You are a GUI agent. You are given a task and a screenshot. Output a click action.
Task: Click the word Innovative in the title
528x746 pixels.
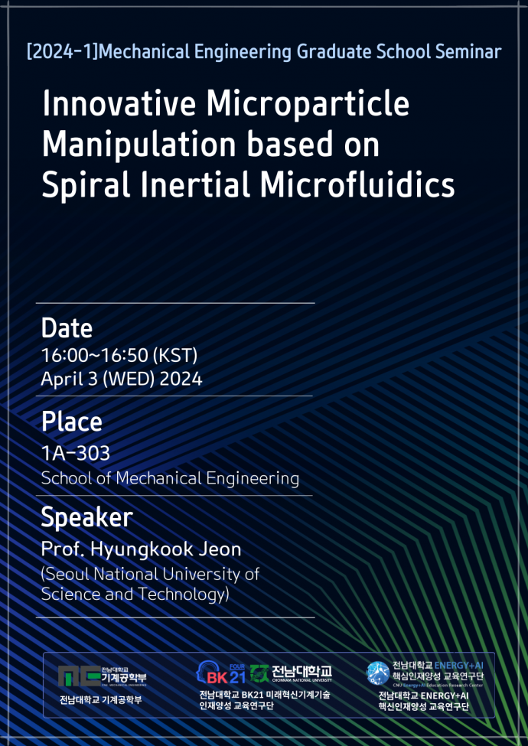coord(119,103)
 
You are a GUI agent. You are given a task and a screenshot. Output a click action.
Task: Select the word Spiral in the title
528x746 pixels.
coord(86,187)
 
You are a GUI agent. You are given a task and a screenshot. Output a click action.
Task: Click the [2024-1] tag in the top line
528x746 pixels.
coord(62,51)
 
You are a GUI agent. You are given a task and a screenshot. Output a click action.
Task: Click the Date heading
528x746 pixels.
coord(67,327)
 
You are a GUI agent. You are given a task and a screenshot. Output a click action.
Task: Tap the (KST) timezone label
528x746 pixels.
coord(175,355)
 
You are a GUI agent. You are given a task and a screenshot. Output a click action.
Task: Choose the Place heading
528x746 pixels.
coord(71,422)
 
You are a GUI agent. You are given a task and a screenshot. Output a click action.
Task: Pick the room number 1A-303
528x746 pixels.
coord(75,453)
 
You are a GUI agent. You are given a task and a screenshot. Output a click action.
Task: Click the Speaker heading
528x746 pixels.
coord(86,518)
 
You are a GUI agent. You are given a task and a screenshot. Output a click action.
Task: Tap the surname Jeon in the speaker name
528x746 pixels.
coord(220,549)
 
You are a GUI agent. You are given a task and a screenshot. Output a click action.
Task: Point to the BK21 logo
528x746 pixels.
coord(220,673)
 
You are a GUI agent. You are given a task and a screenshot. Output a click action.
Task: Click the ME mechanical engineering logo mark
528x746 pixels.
coord(79,676)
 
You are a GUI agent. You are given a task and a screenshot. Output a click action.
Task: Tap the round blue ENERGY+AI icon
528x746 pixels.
coord(378,673)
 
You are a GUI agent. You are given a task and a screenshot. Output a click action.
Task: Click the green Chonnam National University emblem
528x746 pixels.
coord(259,673)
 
